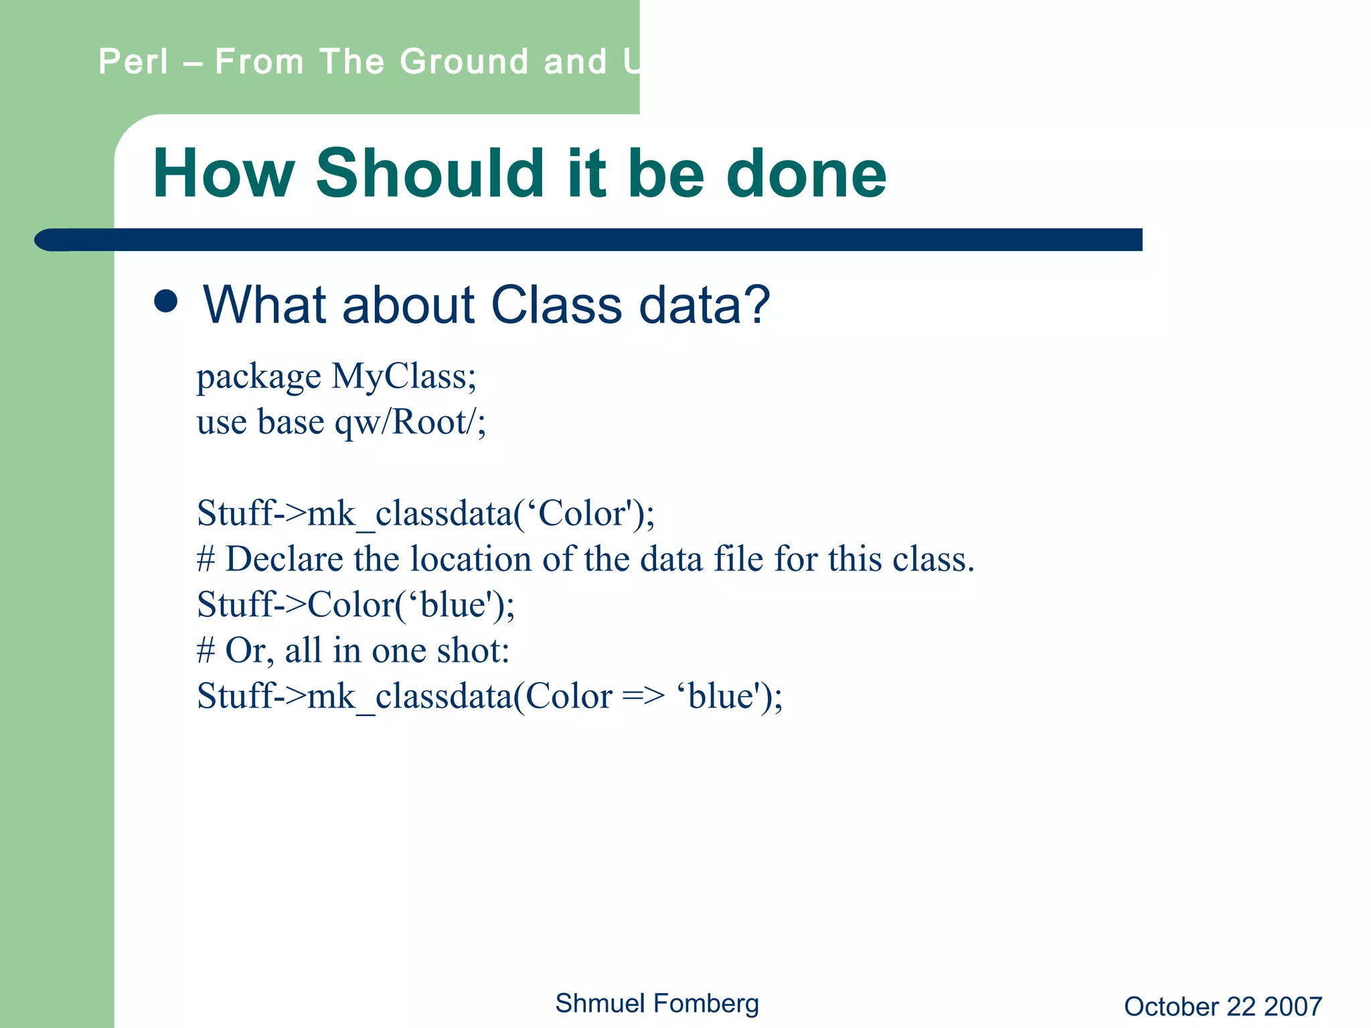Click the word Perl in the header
pos(133,62)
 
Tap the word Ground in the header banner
pos(464,62)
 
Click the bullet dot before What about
pos(166,301)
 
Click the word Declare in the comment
pos(284,559)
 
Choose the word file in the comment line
pos(738,559)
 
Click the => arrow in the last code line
pos(643,696)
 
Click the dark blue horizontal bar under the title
pos(602,240)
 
